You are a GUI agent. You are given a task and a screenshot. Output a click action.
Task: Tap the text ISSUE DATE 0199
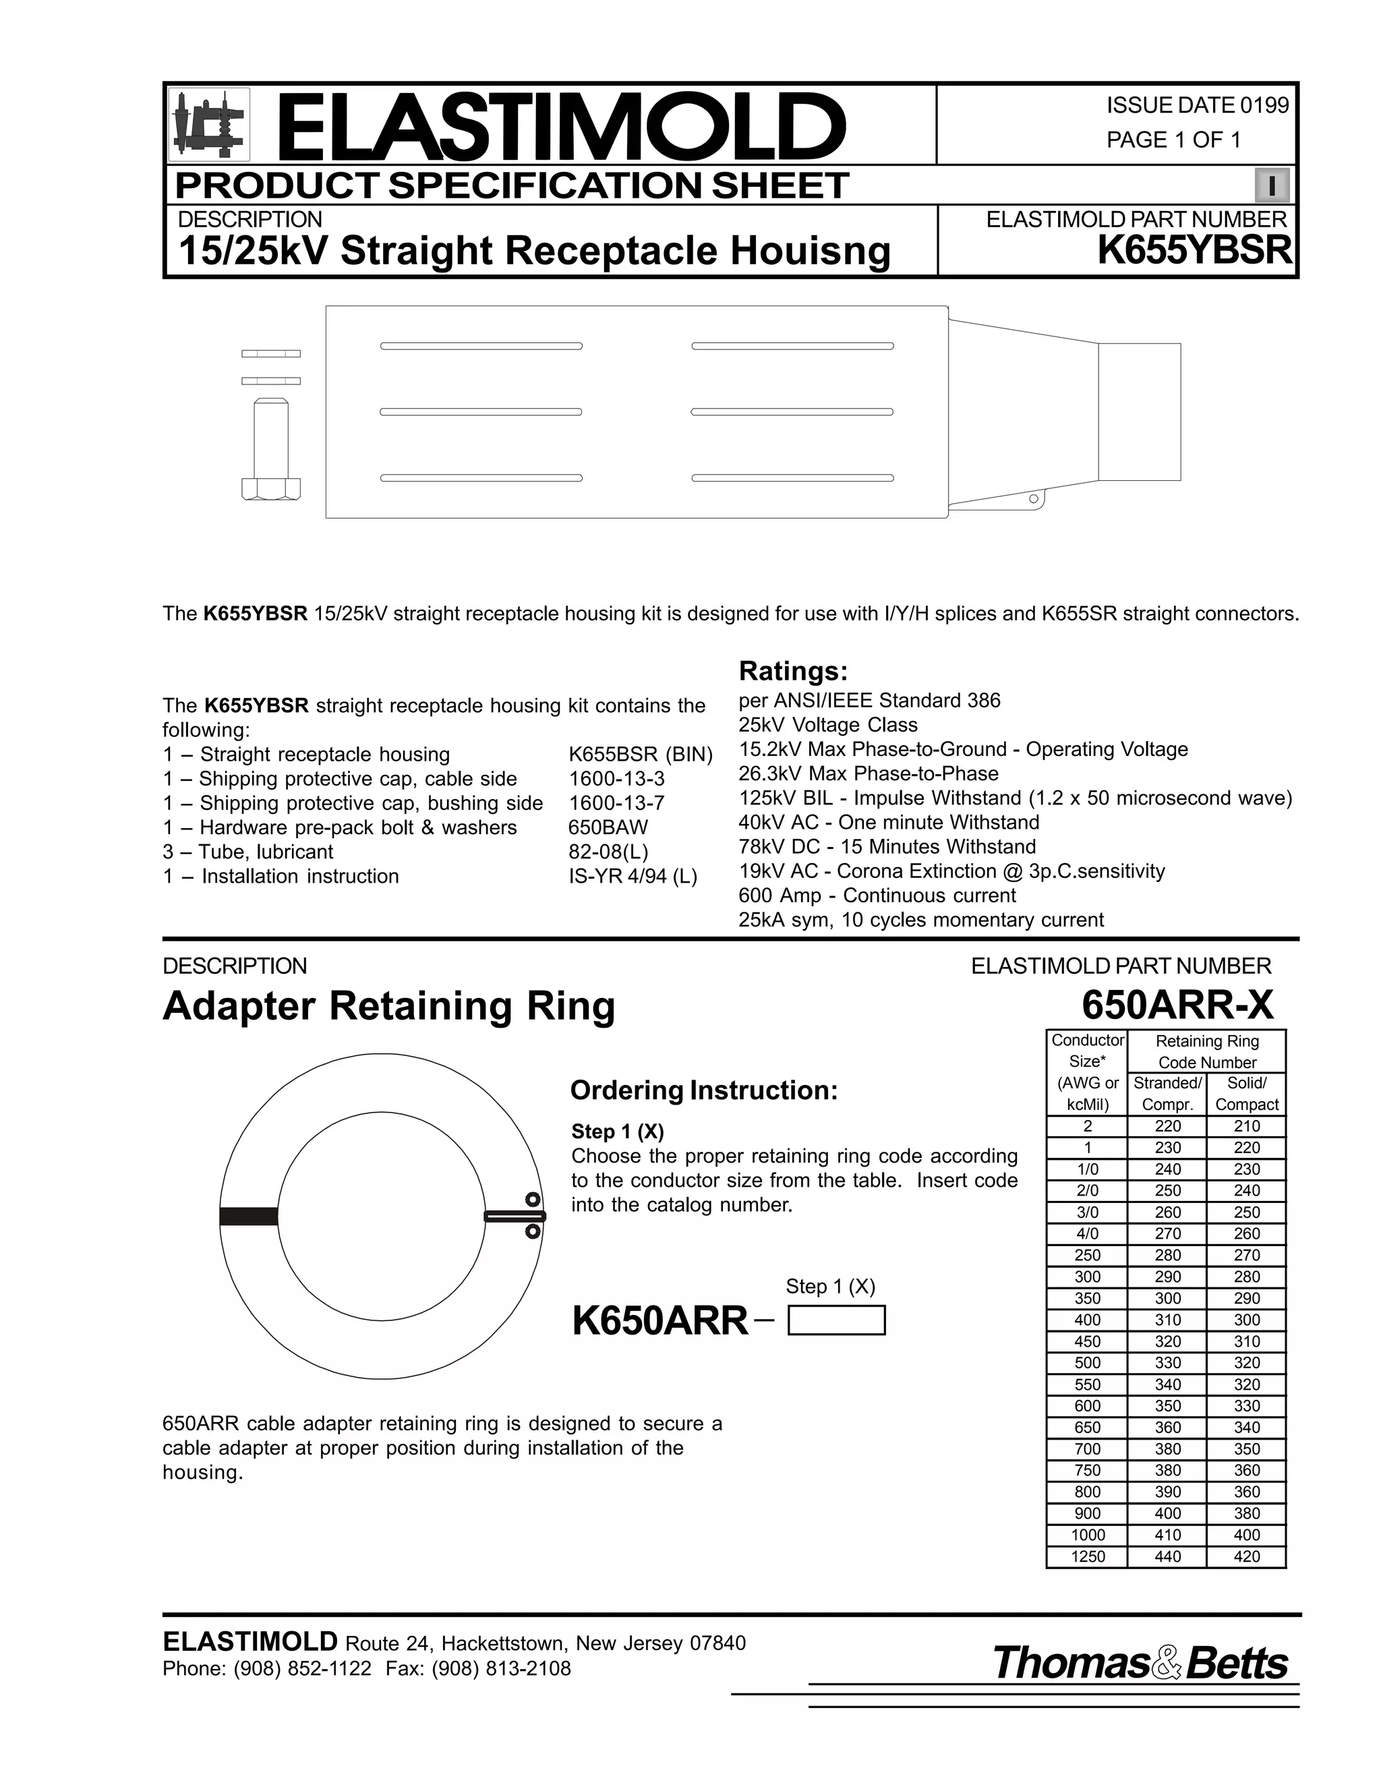tap(1197, 106)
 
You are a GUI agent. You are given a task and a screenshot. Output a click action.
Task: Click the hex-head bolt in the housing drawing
tap(271, 449)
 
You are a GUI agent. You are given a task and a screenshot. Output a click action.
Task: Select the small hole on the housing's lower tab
tap(1033, 498)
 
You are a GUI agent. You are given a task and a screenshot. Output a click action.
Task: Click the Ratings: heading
tap(793, 672)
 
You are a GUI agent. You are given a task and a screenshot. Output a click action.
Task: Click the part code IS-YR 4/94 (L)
tap(633, 877)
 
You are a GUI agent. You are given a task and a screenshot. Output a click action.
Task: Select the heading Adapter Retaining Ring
tap(388, 1005)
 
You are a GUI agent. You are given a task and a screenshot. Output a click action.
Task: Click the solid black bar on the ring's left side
tap(249, 1217)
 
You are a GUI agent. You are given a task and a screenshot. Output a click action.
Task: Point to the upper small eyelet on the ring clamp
tap(533, 1200)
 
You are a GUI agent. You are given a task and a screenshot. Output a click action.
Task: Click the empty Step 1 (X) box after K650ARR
tap(836, 1320)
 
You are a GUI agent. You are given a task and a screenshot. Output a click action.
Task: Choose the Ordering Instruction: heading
tap(703, 1090)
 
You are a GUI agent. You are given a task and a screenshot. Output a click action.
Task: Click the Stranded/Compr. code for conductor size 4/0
tap(1167, 1233)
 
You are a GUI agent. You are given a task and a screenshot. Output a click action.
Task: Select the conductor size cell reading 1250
tap(1087, 1556)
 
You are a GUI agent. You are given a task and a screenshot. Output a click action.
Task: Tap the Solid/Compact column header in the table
tap(1246, 1093)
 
